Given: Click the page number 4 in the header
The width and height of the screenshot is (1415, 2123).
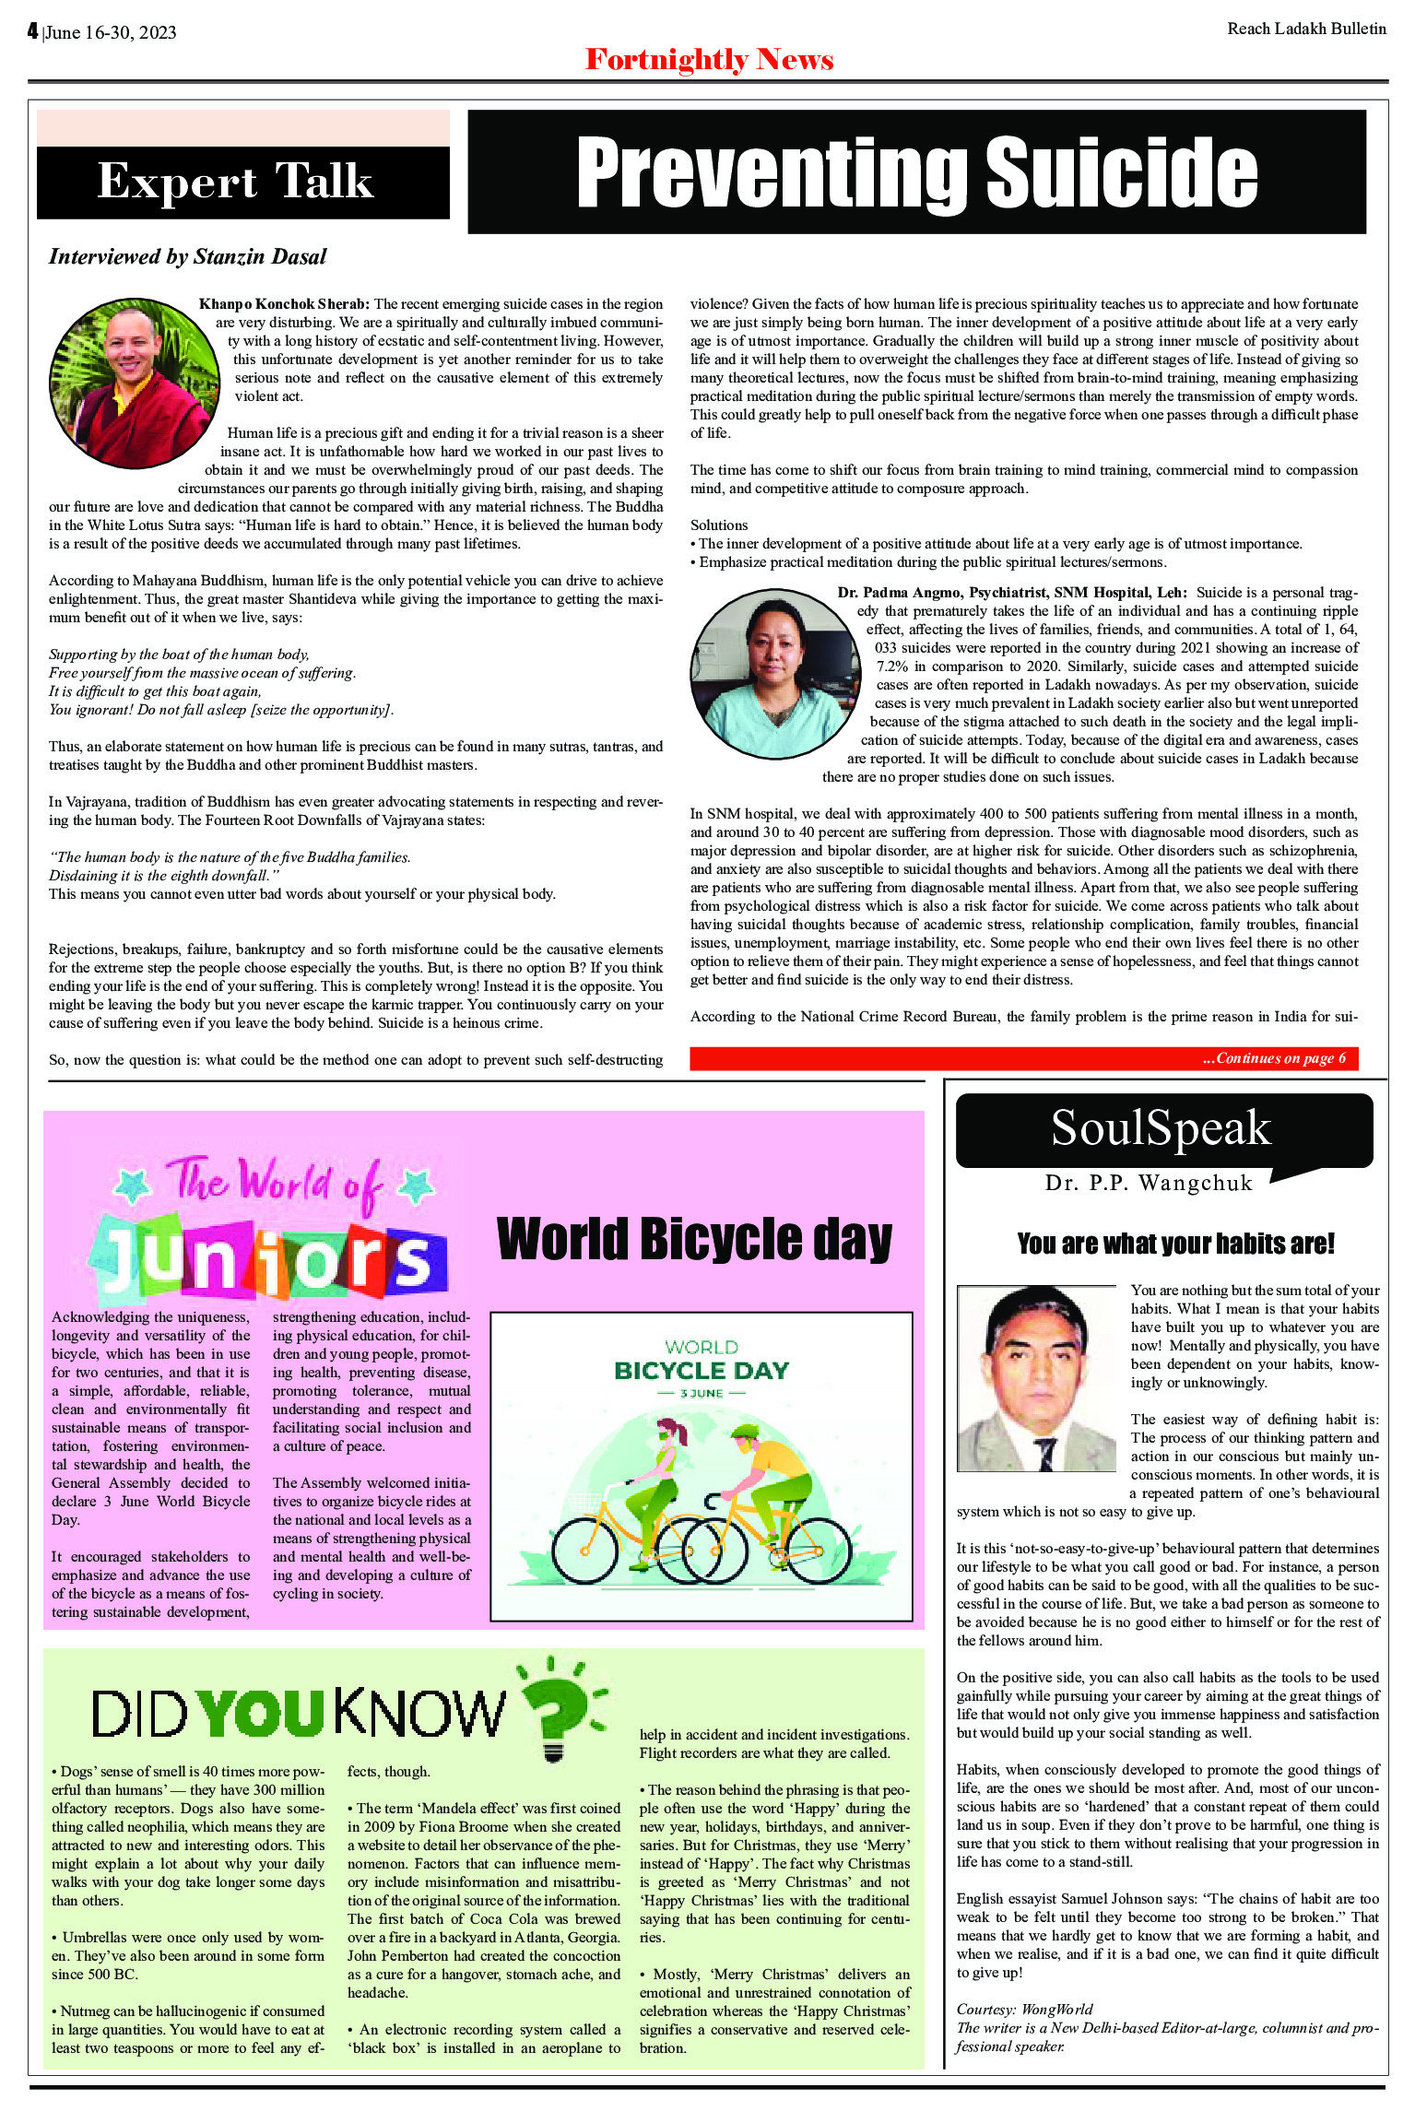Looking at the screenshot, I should pyautogui.click(x=32, y=31).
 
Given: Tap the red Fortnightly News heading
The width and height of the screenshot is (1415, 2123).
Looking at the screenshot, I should pyautogui.click(x=709, y=60).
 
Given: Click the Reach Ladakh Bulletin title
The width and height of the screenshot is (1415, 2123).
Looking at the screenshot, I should pyautogui.click(x=1306, y=29).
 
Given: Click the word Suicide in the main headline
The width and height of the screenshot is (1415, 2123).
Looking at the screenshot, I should pyautogui.click(x=1121, y=172).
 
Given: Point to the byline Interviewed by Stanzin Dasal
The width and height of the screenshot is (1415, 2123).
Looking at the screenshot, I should pyautogui.click(x=188, y=257).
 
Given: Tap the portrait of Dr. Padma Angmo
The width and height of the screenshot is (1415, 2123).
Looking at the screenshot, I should pyautogui.click(x=775, y=674).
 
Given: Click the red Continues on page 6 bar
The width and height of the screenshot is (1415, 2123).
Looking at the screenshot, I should pyautogui.click(x=1023, y=1058).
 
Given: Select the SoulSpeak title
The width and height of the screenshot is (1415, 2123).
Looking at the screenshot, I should pyautogui.click(x=1161, y=1127).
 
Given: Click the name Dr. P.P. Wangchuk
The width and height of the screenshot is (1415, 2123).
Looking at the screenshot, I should pyautogui.click(x=1149, y=1184).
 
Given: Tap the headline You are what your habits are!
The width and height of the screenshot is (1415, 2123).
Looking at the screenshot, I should pyautogui.click(x=1175, y=1244).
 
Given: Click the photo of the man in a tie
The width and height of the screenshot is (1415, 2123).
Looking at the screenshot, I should pyautogui.click(x=1036, y=1378).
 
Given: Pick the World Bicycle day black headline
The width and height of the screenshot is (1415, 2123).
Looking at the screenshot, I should pyautogui.click(x=694, y=1239).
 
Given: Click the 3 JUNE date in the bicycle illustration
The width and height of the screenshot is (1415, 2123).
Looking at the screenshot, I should pyautogui.click(x=701, y=1393).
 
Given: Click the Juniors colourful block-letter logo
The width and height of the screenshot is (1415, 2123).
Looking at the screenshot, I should pyautogui.click(x=269, y=1258).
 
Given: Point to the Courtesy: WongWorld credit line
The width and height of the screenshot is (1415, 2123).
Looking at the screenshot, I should pyautogui.click(x=1024, y=2009).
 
